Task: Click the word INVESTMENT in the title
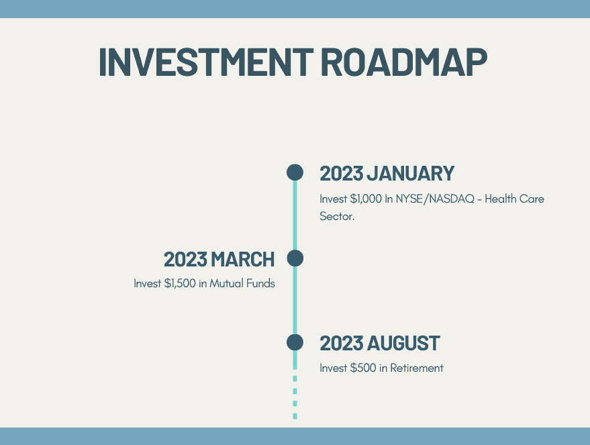[206, 62]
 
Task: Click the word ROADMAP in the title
[404, 62]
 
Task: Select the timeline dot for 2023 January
[295, 172]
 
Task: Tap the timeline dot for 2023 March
[295, 258]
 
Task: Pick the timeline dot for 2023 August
[295, 343]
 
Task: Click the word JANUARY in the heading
[411, 173]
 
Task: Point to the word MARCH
[243, 260]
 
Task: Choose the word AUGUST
[403, 344]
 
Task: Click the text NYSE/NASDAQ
[435, 199]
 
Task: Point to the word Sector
[337, 216]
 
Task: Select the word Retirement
[417, 368]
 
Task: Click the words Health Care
[514, 199]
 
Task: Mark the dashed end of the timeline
[295, 397]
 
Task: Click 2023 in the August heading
[342, 344]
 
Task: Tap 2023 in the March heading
[185, 260]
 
